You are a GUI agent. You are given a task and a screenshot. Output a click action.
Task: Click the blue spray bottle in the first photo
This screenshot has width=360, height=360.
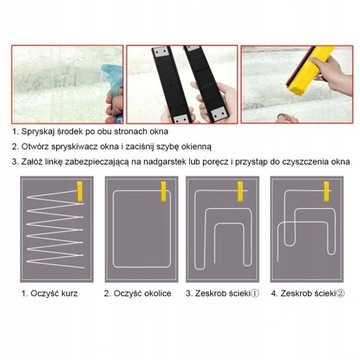113,83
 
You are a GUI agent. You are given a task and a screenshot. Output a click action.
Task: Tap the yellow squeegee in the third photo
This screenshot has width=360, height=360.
311,70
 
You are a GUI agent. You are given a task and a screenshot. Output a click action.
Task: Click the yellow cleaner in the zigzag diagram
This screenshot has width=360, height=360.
80,192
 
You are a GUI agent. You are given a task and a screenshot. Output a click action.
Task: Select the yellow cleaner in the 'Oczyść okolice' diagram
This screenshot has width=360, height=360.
164,191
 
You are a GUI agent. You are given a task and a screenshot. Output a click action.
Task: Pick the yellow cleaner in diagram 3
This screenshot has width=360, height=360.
240,191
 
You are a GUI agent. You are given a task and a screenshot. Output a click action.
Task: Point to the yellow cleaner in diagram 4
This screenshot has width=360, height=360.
326,191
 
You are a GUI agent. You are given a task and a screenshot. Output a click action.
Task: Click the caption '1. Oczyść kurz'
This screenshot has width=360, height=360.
50,294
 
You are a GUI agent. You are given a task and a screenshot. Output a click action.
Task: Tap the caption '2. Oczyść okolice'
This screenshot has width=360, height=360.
138,294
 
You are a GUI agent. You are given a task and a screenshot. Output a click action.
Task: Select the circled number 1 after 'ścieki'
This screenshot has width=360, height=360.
254,294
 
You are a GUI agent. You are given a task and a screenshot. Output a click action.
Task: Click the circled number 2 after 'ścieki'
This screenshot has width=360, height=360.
341,294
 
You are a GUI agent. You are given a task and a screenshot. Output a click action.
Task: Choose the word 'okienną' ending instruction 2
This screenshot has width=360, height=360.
198,147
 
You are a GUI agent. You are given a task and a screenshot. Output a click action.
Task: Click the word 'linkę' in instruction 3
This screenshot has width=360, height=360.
54,162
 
